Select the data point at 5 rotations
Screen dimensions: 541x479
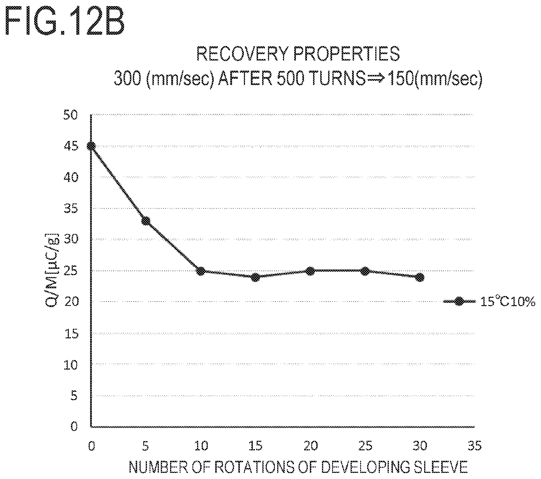146,221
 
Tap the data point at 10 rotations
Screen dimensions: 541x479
201,271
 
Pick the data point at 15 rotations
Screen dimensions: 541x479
255,277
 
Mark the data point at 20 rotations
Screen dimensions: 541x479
310,271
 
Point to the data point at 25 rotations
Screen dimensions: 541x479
365,271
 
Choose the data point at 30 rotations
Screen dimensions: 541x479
420,277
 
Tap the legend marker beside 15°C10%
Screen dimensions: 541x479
459,301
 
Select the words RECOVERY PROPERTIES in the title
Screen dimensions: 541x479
298,54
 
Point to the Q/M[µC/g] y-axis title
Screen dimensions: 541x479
52,270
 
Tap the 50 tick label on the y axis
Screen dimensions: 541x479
70,115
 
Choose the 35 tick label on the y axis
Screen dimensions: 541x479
70,208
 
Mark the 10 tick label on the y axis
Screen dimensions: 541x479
70,364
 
